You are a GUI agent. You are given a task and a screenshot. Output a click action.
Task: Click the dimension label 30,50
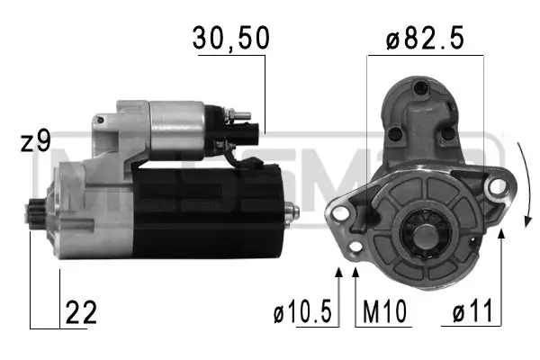pos(230,38)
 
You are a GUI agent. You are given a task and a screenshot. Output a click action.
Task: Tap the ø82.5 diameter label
pos(425,38)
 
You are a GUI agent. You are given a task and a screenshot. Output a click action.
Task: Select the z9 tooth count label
pos(35,140)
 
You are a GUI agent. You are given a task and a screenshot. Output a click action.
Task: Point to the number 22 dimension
pos(81,312)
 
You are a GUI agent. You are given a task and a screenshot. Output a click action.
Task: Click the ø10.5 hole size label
pos(302,311)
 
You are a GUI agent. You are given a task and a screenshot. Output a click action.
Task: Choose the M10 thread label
pos(384,311)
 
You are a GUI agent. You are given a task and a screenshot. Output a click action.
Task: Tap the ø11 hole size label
pos(472,311)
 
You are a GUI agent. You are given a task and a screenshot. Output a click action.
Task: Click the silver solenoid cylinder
pos(177,130)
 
